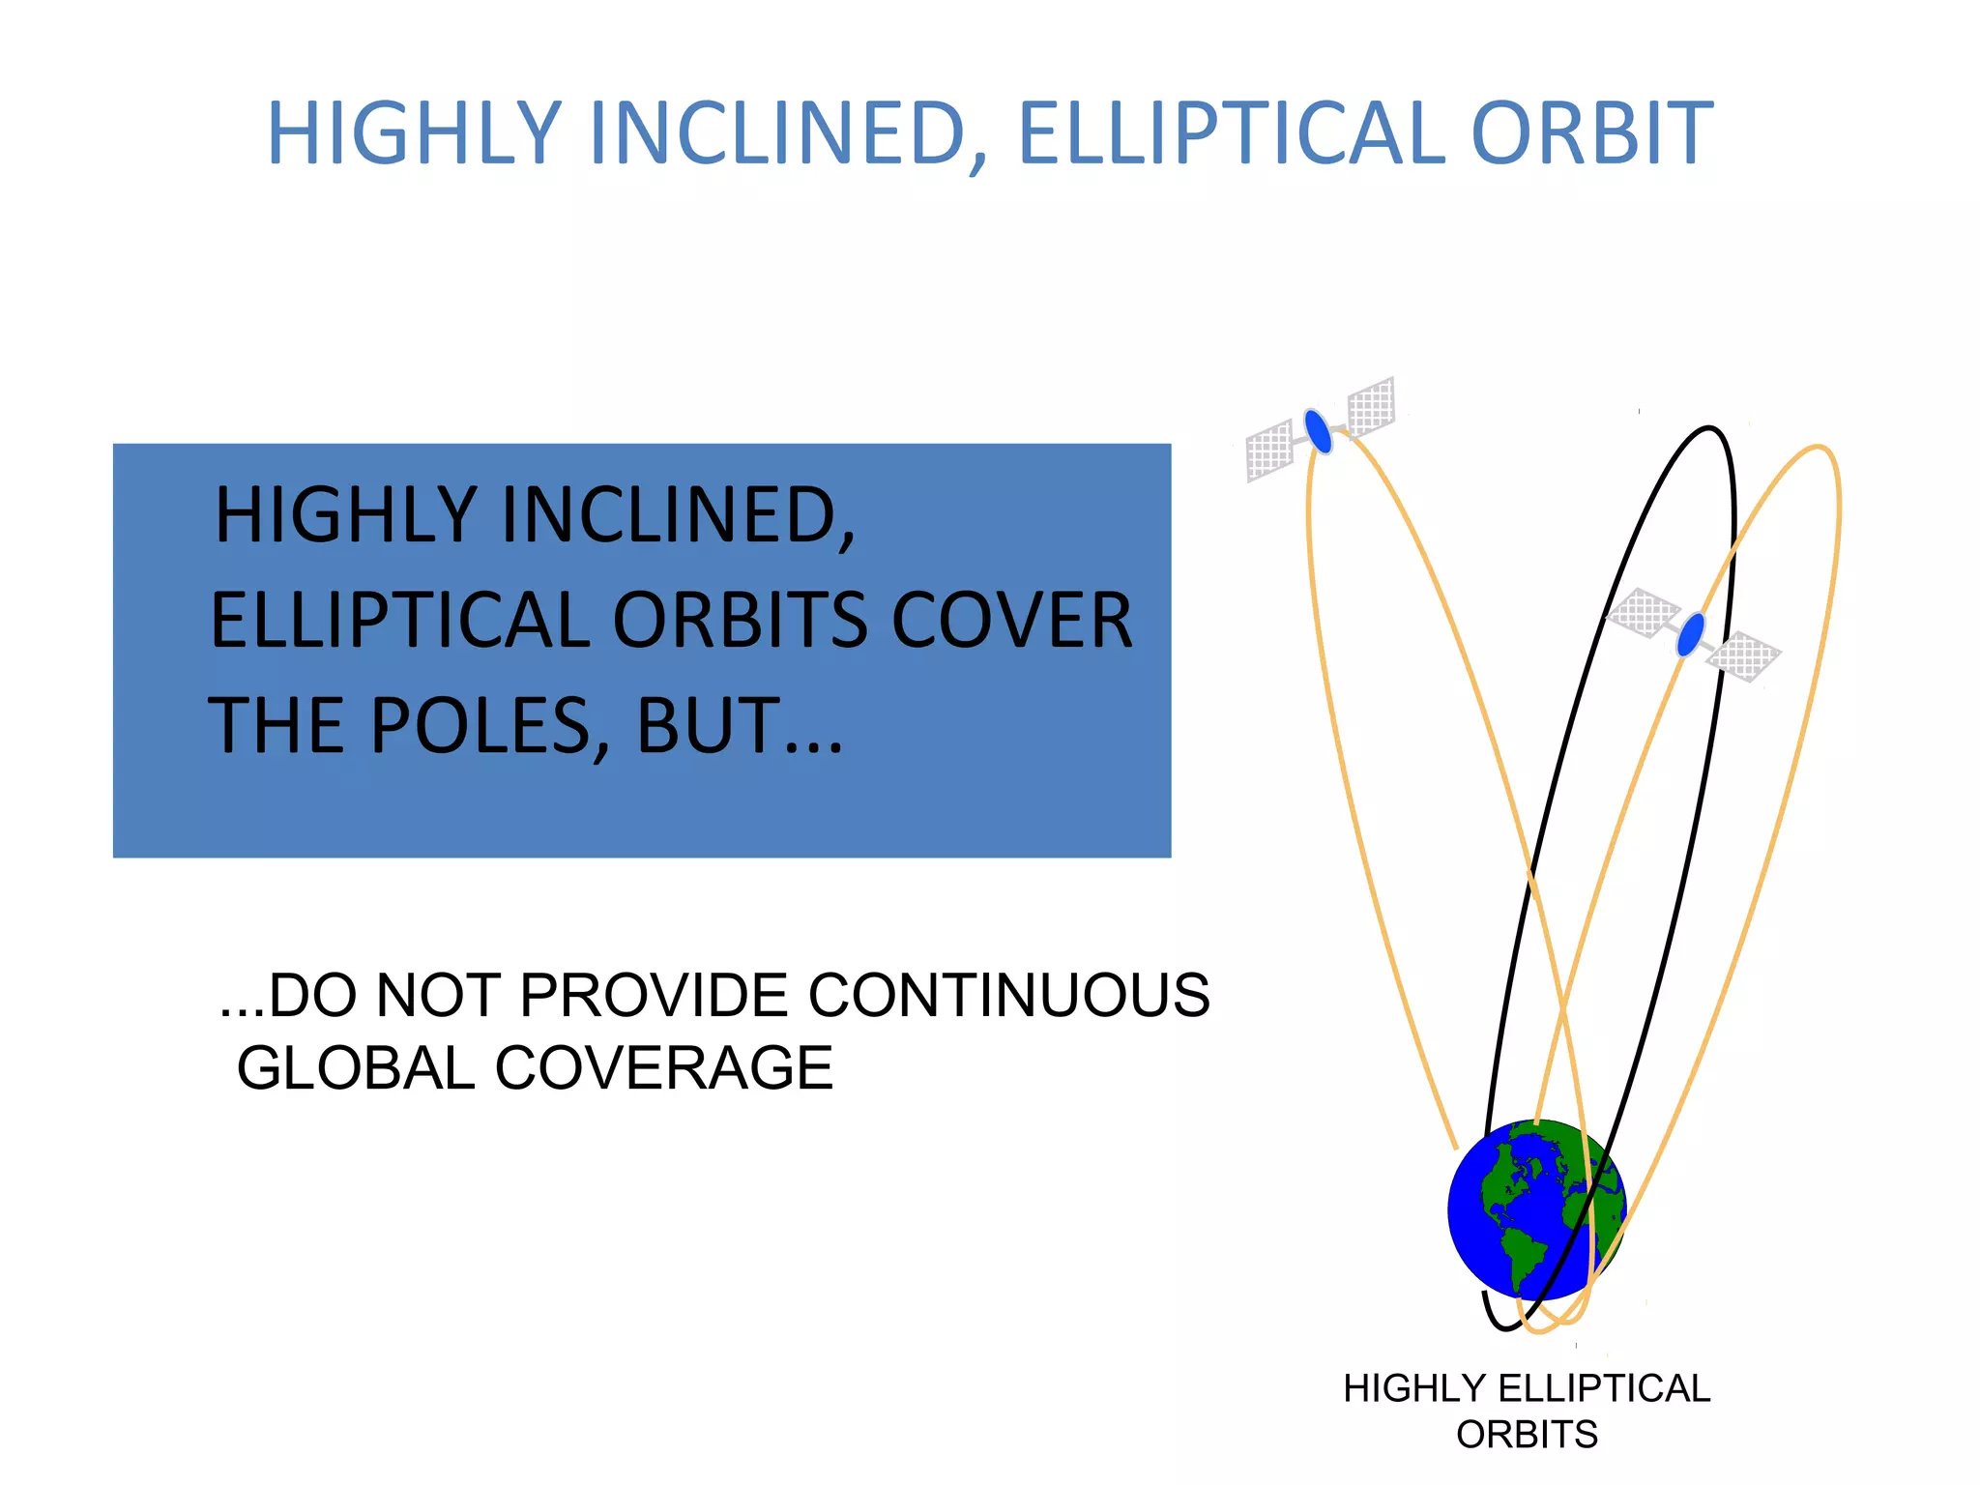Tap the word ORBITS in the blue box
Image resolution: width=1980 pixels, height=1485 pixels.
[742, 621]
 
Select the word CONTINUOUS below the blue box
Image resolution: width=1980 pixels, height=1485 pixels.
[1008, 995]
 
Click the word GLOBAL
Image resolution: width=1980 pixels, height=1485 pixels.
[356, 1068]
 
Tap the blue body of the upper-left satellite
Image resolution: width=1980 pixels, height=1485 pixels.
[1318, 431]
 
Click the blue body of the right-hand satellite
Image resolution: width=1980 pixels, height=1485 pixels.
[1690, 635]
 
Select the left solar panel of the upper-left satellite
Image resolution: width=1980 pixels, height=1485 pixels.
[1269, 450]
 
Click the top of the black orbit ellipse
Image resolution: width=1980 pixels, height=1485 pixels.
[1710, 428]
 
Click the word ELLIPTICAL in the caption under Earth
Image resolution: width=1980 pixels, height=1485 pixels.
[1604, 1389]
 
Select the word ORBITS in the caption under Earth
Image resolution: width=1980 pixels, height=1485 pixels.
[1527, 1435]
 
